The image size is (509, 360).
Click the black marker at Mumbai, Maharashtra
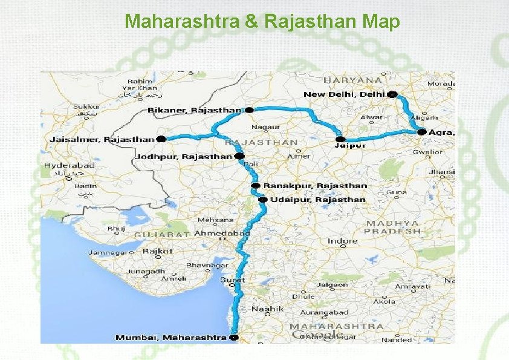click(234, 337)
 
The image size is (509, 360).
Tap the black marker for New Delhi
click(393, 94)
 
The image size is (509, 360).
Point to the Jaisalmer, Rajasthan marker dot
click(161, 139)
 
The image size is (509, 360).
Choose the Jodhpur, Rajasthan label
click(183, 157)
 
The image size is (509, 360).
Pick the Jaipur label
click(351, 145)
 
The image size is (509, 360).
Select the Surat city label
click(232, 280)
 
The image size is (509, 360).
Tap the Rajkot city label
click(158, 251)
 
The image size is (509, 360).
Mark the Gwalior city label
click(427, 152)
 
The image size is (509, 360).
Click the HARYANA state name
click(352, 79)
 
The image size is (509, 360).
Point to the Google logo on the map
click(317, 335)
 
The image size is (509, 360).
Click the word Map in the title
click(382, 22)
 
